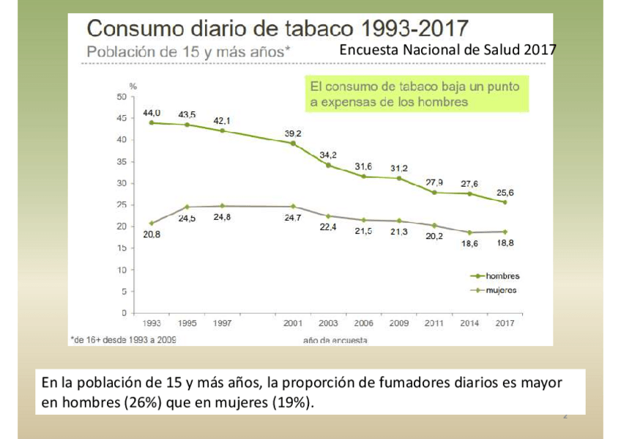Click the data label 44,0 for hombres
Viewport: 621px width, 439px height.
(x=152, y=112)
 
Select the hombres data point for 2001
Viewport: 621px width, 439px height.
(x=293, y=143)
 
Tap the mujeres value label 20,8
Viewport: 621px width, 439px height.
(x=152, y=235)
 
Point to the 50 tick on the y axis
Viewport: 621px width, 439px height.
(x=121, y=96)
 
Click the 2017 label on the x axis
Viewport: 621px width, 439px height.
(x=504, y=323)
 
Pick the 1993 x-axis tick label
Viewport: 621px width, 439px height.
(x=152, y=323)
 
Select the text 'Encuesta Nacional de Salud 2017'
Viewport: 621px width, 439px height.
(x=447, y=50)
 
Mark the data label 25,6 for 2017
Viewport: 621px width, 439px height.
(x=505, y=193)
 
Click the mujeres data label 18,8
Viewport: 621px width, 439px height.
(x=505, y=243)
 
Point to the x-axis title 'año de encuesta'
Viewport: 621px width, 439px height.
(x=335, y=341)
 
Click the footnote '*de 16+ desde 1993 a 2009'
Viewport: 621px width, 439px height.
(x=123, y=339)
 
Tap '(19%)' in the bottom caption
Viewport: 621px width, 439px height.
(x=297, y=403)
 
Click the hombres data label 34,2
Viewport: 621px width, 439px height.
(x=328, y=155)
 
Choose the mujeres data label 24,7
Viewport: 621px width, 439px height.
(x=294, y=218)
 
